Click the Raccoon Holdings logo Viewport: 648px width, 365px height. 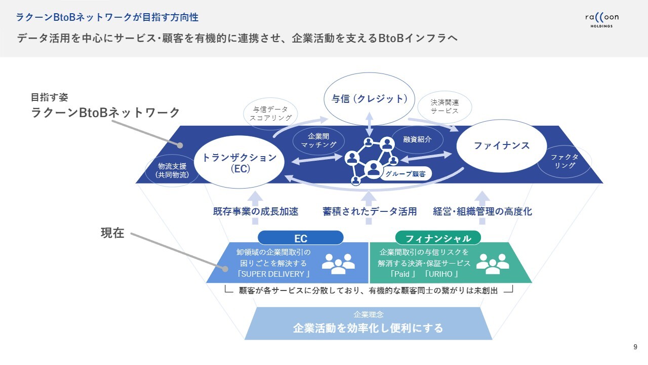pos(601,20)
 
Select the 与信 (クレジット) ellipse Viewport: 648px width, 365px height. pos(370,99)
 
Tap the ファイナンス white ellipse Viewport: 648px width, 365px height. pos(501,146)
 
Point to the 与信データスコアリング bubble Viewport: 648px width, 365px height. pos(271,113)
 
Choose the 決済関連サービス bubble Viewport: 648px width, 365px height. pos(444,106)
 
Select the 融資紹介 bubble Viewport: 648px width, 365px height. pos(418,139)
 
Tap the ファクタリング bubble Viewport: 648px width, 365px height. pos(564,161)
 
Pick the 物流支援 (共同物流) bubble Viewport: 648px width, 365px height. pos(173,170)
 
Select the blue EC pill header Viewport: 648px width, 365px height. pos(301,238)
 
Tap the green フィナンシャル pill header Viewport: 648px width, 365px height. pos(438,238)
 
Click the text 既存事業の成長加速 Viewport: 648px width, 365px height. pos(256,211)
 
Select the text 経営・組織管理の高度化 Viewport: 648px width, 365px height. pos(482,211)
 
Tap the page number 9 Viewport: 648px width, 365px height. pos(635,347)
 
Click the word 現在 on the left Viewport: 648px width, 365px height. pos(112,233)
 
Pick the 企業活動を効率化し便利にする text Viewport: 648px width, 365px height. pos(368,328)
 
